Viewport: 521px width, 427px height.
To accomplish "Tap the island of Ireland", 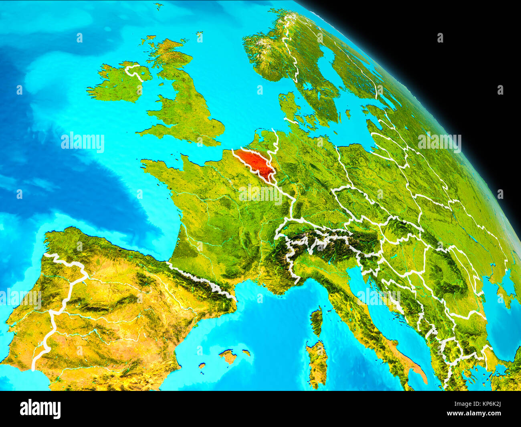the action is click(x=116, y=84).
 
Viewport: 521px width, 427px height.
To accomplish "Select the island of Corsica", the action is click(x=316, y=321).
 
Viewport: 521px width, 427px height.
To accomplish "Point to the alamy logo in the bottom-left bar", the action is click(x=40, y=409).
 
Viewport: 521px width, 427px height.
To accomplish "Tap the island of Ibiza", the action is click(x=202, y=366).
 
